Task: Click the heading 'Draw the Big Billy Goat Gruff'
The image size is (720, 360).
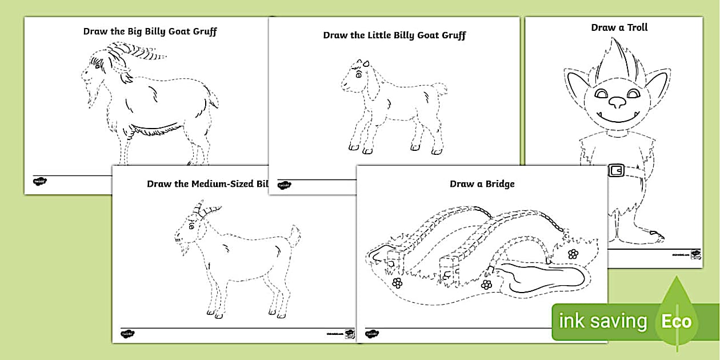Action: pyautogui.click(x=150, y=31)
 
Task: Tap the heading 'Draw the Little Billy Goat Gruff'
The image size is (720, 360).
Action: pyautogui.click(x=394, y=35)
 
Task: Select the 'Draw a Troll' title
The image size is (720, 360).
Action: pyautogui.click(x=619, y=27)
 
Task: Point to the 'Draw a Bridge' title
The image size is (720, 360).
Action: pyautogui.click(x=482, y=184)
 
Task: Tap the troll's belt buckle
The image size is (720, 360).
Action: pyautogui.click(x=616, y=170)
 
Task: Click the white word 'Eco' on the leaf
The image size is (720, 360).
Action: pyautogui.click(x=676, y=321)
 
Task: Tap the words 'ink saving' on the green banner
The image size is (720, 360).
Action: pyautogui.click(x=602, y=321)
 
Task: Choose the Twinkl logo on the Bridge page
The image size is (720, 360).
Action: pyautogui.click(x=372, y=334)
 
